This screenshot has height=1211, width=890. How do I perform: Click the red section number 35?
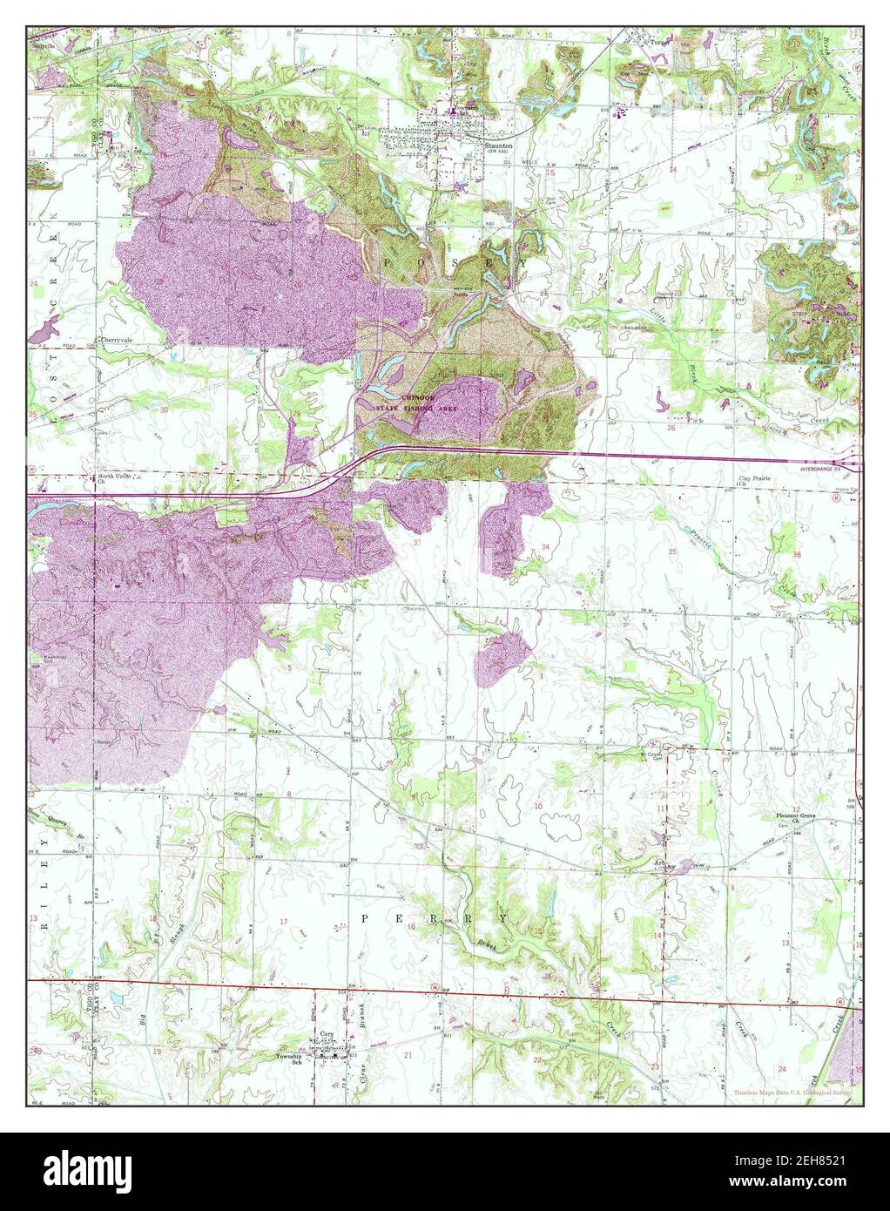672,552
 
